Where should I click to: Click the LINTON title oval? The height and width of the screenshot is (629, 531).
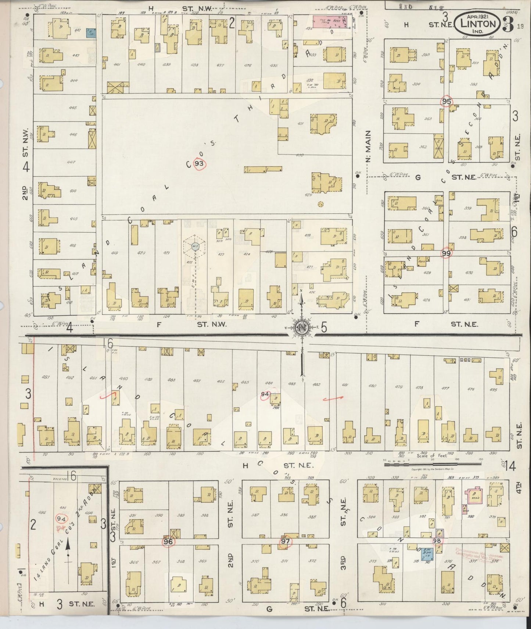tap(477, 24)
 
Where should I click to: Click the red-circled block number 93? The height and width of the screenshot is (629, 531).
tap(199, 164)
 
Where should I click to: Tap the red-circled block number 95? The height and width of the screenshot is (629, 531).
tap(446, 101)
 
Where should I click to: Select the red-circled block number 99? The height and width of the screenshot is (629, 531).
tap(446, 253)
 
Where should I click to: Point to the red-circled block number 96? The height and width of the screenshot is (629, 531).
tap(168, 541)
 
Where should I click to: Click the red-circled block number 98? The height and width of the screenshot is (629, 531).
tap(437, 540)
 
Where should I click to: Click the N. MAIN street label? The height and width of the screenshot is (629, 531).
tap(369, 146)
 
